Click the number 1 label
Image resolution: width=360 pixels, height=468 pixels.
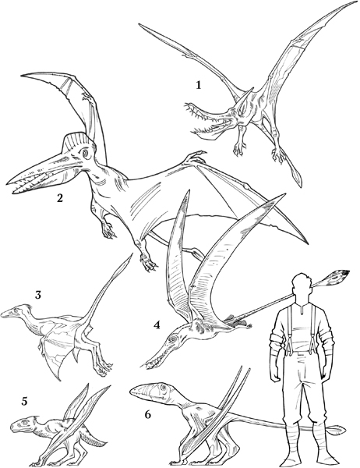click(x=198, y=85)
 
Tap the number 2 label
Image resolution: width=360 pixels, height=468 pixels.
click(x=60, y=197)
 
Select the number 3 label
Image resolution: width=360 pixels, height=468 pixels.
click(x=38, y=295)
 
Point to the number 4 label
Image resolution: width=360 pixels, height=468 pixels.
click(x=157, y=324)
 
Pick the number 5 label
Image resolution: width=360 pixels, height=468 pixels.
click(x=24, y=402)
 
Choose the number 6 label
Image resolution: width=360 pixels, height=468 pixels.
click(x=148, y=415)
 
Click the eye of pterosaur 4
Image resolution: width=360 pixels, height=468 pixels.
click(x=173, y=339)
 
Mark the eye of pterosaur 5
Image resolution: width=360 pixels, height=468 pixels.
click(x=25, y=423)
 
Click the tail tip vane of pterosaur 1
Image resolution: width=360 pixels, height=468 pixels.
click(x=297, y=175)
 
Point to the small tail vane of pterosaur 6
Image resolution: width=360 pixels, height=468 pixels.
click(x=337, y=430)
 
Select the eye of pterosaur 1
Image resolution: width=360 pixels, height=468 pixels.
click(x=233, y=113)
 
